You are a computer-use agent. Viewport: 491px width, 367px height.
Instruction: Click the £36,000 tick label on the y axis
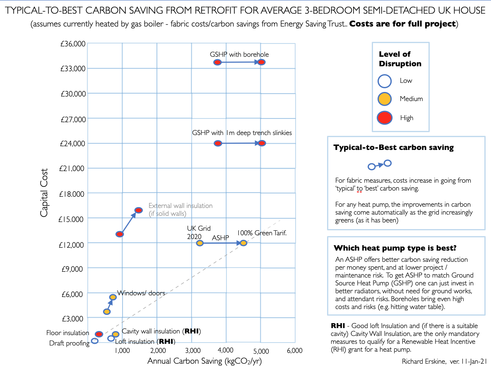[73, 44]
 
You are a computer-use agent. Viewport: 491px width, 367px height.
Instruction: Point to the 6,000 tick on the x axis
[294, 350]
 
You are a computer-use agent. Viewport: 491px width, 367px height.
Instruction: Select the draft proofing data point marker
[95, 340]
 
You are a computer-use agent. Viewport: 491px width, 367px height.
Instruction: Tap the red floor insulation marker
[99, 334]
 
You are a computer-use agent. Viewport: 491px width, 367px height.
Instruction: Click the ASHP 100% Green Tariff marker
[243, 243]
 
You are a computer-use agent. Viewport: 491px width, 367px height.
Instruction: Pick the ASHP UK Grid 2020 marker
[200, 243]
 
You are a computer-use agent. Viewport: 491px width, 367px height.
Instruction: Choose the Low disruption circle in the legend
[385, 81]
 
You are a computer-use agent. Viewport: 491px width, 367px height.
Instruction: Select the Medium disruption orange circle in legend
[385, 99]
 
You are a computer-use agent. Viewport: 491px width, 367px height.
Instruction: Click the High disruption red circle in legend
[385, 118]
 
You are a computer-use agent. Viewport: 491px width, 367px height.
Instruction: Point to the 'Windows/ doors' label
[141, 293]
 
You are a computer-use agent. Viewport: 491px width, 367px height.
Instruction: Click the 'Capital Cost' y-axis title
[44, 192]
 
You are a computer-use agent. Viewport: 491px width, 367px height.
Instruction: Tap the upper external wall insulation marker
[139, 210]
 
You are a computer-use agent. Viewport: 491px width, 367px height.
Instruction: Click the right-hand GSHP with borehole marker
[261, 62]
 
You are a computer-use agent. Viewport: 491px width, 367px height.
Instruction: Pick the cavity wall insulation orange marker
[116, 334]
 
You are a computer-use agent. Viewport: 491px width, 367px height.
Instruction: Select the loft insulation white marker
[111, 338]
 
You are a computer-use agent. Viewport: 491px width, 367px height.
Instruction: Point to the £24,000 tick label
[73, 144]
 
